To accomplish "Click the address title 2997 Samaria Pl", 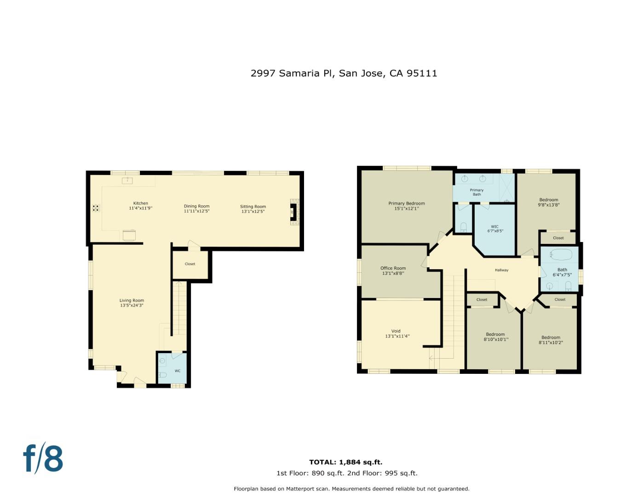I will click(x=344, y=73).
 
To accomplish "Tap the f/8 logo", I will click(x=43, y=458).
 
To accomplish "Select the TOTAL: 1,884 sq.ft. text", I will click(x=345, y=462).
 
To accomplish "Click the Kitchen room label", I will click(x=141, y=203).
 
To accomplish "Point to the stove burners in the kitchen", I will click(x=96, y=208).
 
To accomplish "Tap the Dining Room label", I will click(x=196, y=207).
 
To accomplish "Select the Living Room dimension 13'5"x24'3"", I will click(x=132, y=305).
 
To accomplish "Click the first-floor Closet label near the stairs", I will click(x=190, y=264).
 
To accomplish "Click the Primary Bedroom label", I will click(x=406, y=203).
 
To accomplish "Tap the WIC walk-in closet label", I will click(x=494, y=226).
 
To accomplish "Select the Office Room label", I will click(x=393, y=268).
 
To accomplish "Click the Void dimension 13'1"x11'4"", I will click(x=397, y=336).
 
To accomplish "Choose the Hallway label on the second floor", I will click(x=501, y=270).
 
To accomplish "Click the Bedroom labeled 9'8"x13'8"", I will click(x=548, y=203).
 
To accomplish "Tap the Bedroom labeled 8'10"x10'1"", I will click(x=495, y=337).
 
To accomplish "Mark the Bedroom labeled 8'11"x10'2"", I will click(x=551, y=340).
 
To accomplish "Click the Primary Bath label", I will click(x=477, y=192).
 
